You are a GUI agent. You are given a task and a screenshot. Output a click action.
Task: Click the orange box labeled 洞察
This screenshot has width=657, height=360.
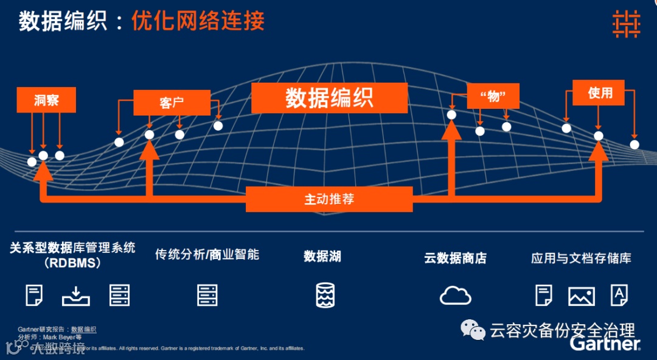pyautogui.click(x=46, y=100)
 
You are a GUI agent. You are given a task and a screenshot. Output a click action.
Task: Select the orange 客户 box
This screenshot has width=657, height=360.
pyautogui.click(x=172, y=103)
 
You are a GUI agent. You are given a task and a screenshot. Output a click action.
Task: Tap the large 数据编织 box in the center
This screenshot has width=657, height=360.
pyautogui.click(x=329, y=98)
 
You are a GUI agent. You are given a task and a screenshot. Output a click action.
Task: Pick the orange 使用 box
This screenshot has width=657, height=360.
pyautogui.click(x=600, y=93)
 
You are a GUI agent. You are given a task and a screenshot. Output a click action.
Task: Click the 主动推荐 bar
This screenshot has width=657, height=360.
pyautogui.click(x=329, y=199)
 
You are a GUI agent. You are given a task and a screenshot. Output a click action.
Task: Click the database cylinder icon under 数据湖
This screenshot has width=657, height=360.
pyautogui.click(x=325, y=295)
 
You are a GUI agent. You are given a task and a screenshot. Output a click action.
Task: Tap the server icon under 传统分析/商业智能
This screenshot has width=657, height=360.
pyautogui.click(x=207, y=295)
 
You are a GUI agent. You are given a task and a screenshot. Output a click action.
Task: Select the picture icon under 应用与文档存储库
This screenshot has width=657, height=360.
pyautogui.click(x=581, y=296)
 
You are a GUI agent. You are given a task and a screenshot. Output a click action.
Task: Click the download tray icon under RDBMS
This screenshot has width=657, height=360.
pyautogui.click(x=76, y=296)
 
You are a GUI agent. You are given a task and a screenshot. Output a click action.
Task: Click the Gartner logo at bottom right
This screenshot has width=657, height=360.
pyautogui.click(x=605, y=344)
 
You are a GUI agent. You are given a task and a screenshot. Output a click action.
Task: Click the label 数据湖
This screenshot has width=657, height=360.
pyautogui.click(x=322, y=256)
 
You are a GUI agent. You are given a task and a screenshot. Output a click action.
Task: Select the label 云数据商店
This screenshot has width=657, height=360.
pyautogui.click(x=455, y=258)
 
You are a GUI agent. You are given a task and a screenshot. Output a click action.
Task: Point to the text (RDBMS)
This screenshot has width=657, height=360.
pyautogui.click(x=72, y=263)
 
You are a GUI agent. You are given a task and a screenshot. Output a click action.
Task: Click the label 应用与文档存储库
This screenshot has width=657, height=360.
pyautogui.click(x=581, y=258)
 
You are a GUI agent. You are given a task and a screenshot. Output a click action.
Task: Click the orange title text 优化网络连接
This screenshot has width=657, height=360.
pyautogui.click(x=198, y=22)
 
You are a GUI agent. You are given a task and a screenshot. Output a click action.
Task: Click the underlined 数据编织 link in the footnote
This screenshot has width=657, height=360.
pyautogui.click(x=84, y=329)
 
